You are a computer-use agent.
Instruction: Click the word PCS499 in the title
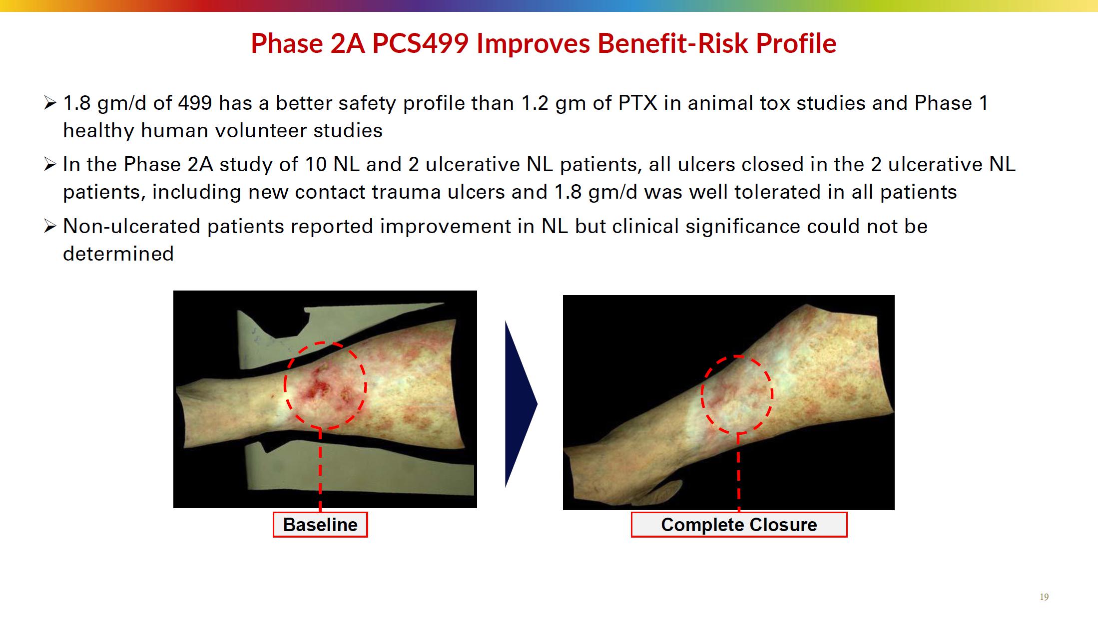[420, 43]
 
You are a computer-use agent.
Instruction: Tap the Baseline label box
[320, 525]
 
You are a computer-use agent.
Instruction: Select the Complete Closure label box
[739, 525]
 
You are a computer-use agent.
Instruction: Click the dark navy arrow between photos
[521, 404]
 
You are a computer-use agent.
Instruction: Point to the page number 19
[1044, 597]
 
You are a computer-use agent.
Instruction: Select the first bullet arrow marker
[50, 103]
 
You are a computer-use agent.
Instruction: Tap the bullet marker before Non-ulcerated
[50, 227]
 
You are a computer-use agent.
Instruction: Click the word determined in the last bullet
[118, 254]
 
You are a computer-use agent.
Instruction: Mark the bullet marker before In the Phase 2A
[50, 165]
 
